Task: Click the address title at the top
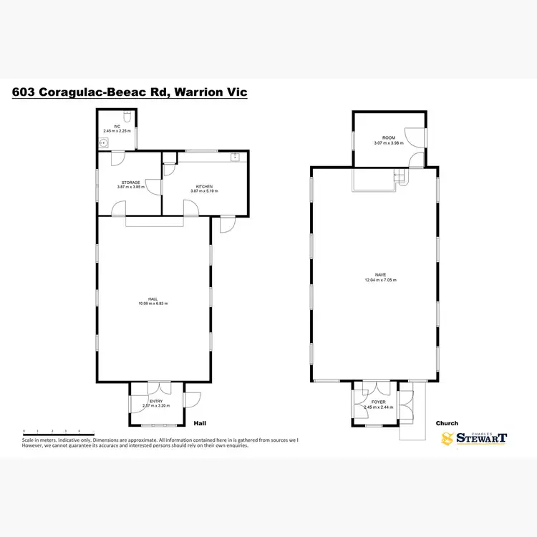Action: coord(130,92)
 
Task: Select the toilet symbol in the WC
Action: coord(127,115)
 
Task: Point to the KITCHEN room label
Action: coord(201,186)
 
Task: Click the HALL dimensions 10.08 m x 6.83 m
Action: coord(153,304)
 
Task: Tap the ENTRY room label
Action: coord(156,401)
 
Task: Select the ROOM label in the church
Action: coord(388,137)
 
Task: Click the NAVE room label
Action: coord(380,275)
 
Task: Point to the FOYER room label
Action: coord(378,402)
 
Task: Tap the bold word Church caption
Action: coord(447,423)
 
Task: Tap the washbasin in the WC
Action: coord(103,142)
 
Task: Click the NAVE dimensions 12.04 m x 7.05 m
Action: coord(380,280)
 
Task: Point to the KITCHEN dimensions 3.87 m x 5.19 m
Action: coord(201,191)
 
